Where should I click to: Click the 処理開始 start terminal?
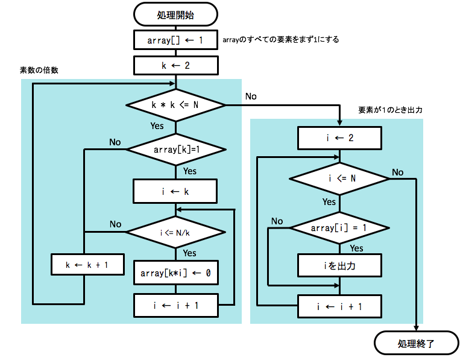175,13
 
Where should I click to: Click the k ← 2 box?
175,65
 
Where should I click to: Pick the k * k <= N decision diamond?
175,106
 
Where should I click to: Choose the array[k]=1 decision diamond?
175,149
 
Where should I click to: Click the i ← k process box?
175,192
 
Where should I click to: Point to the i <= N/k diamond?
175,232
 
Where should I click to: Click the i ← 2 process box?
339,137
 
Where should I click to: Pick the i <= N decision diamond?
339,178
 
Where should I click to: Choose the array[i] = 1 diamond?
339,228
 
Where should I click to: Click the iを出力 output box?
339,264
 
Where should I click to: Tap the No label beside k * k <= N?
251,96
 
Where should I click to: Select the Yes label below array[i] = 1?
356,248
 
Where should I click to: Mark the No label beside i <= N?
397,172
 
